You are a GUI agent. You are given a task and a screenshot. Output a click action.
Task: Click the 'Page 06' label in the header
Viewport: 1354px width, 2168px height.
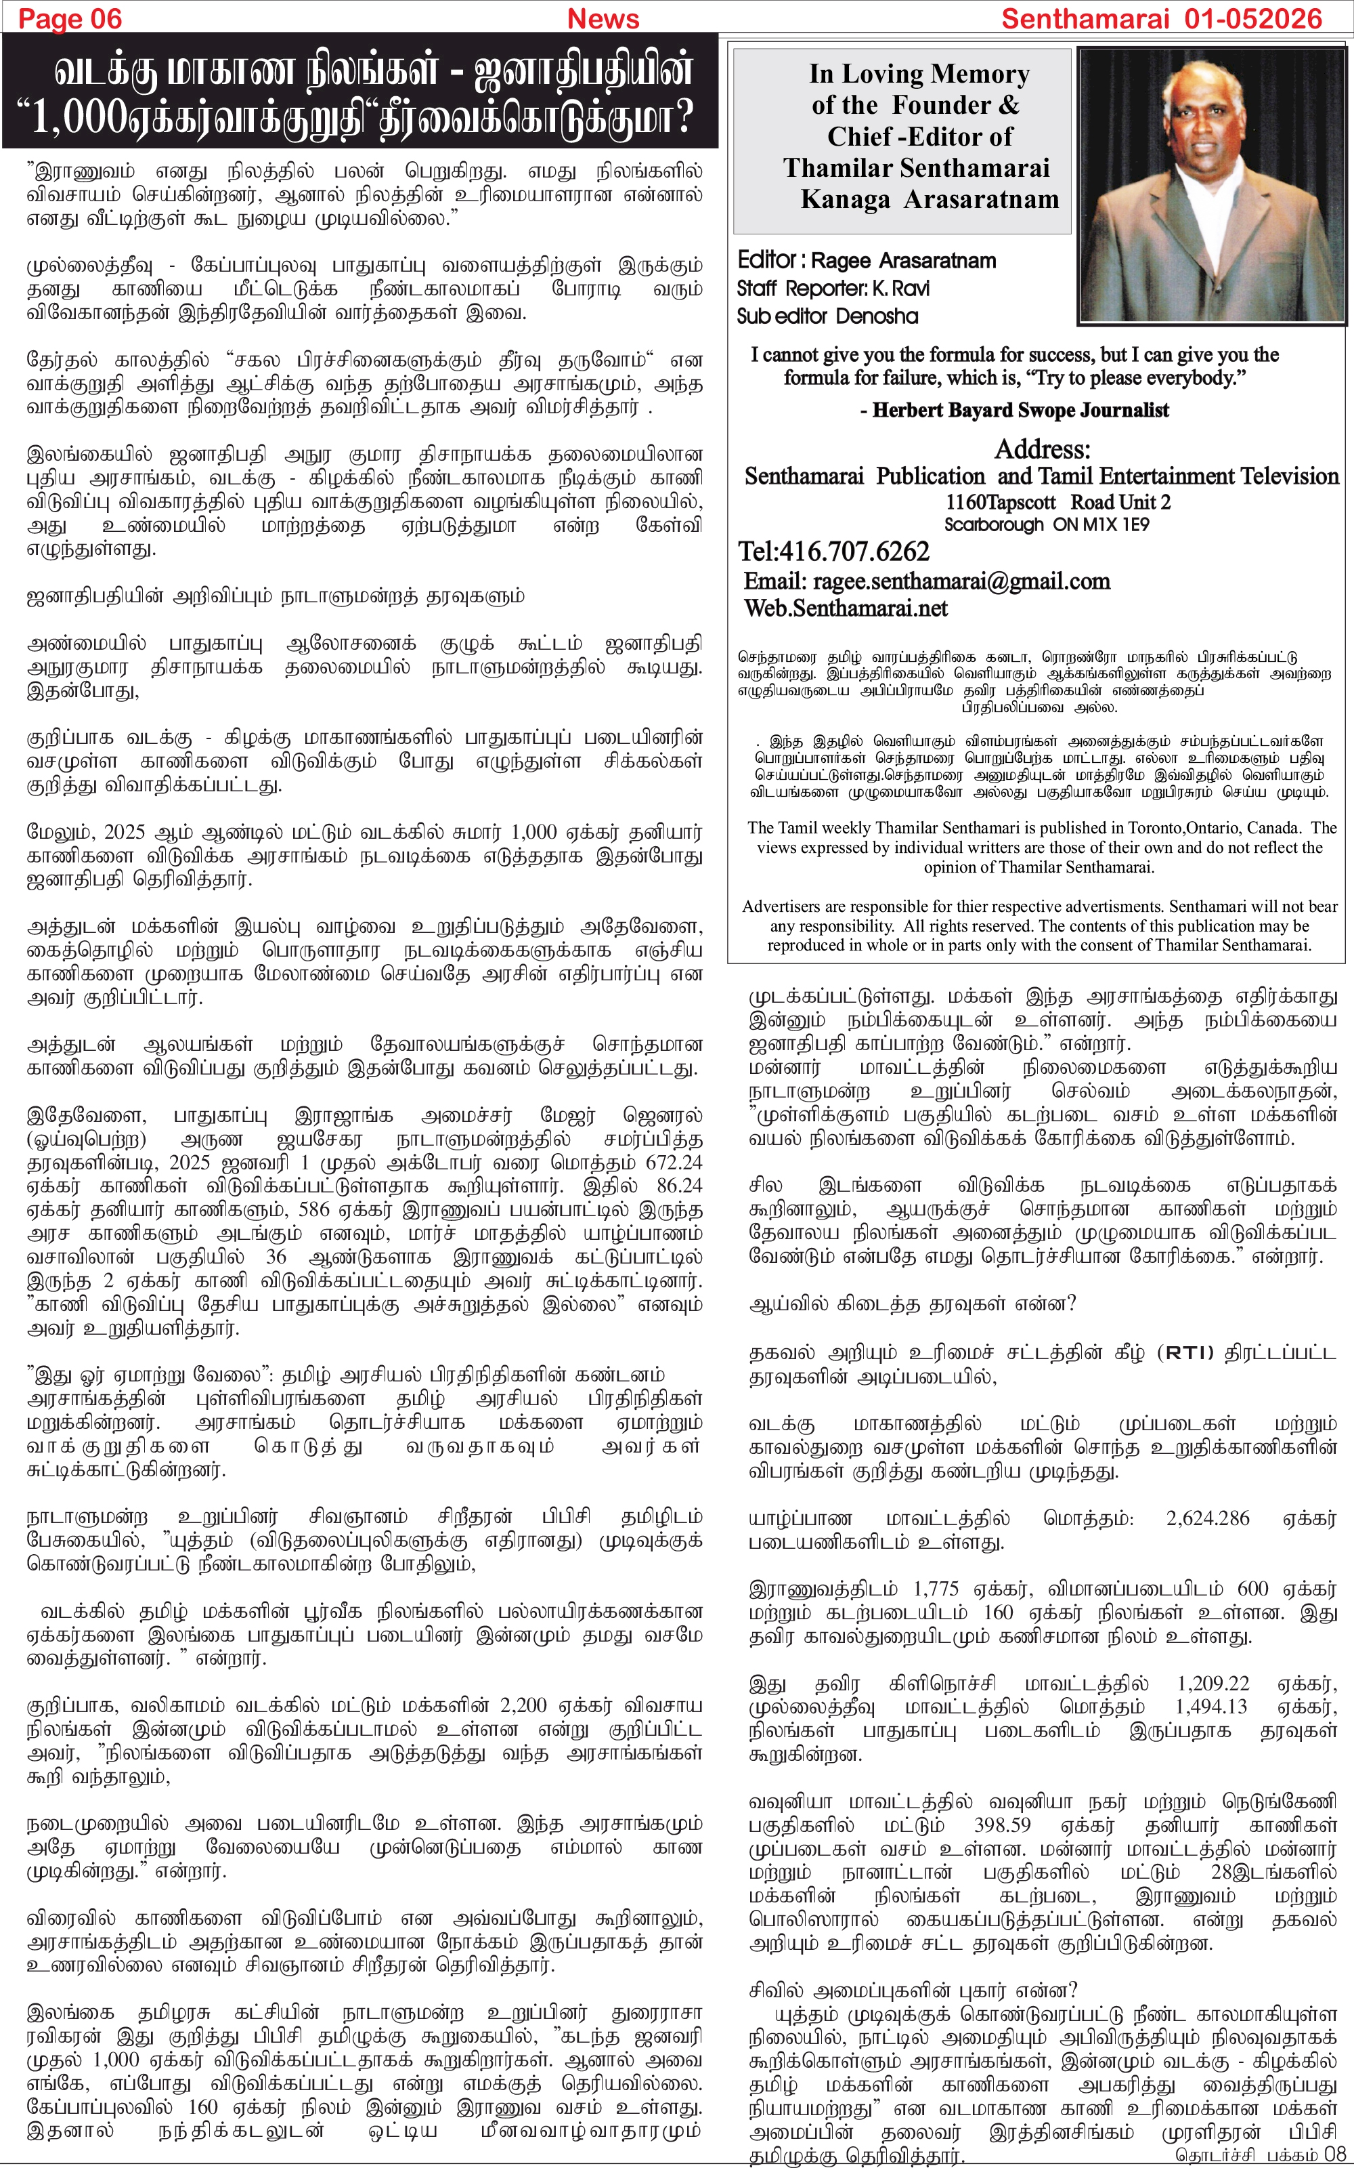coord(70,18)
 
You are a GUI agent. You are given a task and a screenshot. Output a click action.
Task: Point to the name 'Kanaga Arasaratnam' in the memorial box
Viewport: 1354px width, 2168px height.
coord(929,199)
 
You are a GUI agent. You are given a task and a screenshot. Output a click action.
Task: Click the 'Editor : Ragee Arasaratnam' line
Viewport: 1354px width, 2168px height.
coord(866,261)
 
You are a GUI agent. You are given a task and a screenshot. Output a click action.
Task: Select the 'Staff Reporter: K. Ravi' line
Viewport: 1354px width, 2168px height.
coord(833,289)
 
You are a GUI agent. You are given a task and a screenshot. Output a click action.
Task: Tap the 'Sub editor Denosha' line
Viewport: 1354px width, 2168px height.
coord(827,316)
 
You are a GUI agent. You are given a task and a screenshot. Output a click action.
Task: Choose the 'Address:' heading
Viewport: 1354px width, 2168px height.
coord(1043,449)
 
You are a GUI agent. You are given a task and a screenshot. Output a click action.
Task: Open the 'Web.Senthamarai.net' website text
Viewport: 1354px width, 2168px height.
coord(846,608)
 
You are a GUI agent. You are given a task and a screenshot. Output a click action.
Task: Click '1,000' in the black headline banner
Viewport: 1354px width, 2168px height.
coord(80,117)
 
